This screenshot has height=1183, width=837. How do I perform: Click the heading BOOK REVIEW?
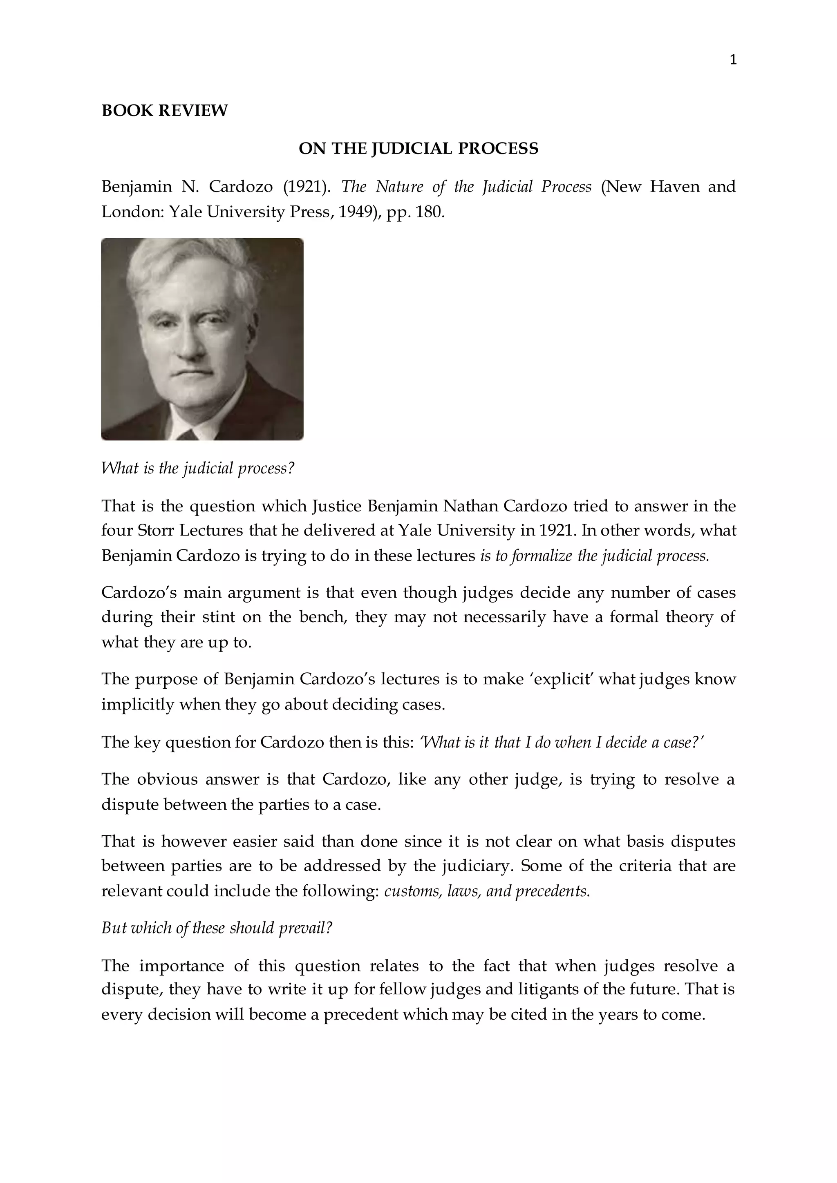point(164,111)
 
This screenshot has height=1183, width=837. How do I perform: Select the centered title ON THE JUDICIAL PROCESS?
point(418,148)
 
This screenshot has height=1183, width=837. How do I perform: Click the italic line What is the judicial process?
point(197,469)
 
